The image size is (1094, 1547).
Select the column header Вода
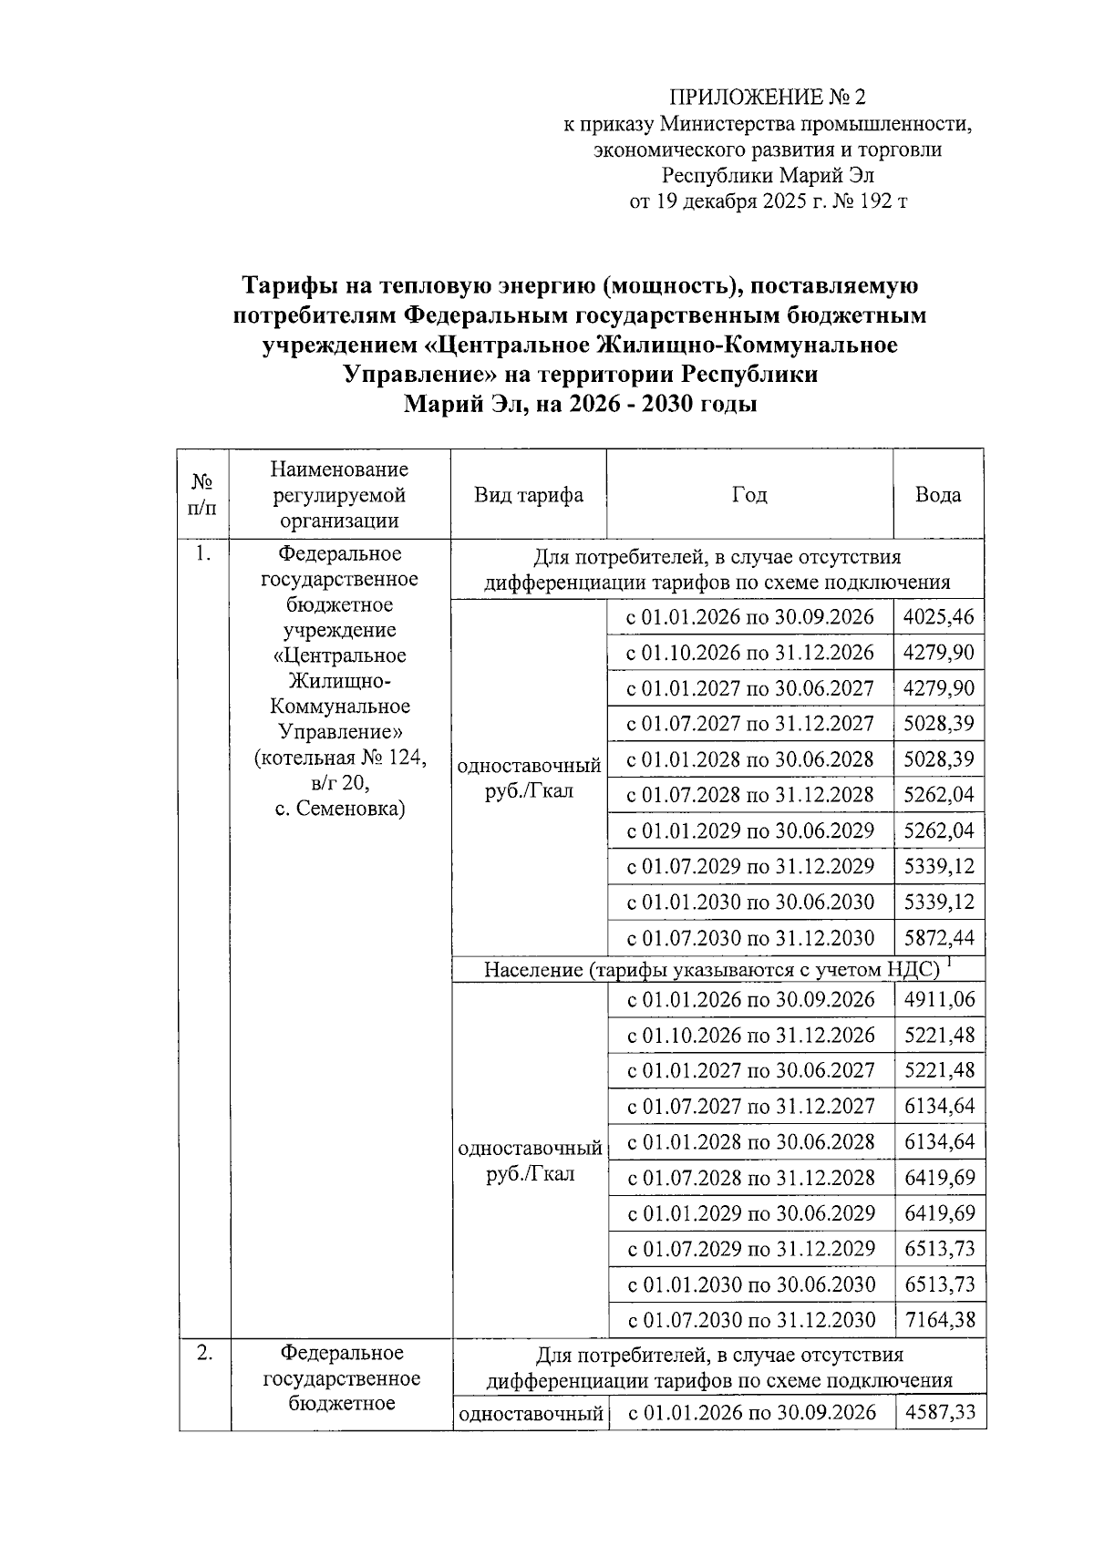click(937, 495)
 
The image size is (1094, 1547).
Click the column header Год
click(748, 495)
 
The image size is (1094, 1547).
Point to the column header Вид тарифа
click(528, 495)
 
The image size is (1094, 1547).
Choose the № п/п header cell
click(202, 495)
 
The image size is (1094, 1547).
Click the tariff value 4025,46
click(938, 617)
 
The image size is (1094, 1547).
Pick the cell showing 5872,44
click(938, 937)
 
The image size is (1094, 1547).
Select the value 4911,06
click(939, 999)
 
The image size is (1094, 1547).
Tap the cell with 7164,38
click(939, 1319)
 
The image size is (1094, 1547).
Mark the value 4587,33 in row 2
click(939, 1412)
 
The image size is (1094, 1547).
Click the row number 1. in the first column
click(202, 553)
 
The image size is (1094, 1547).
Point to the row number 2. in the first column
click(204, 1352)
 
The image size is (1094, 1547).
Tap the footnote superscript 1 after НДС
click(949, 961)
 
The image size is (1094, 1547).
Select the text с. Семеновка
click(340, 809)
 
